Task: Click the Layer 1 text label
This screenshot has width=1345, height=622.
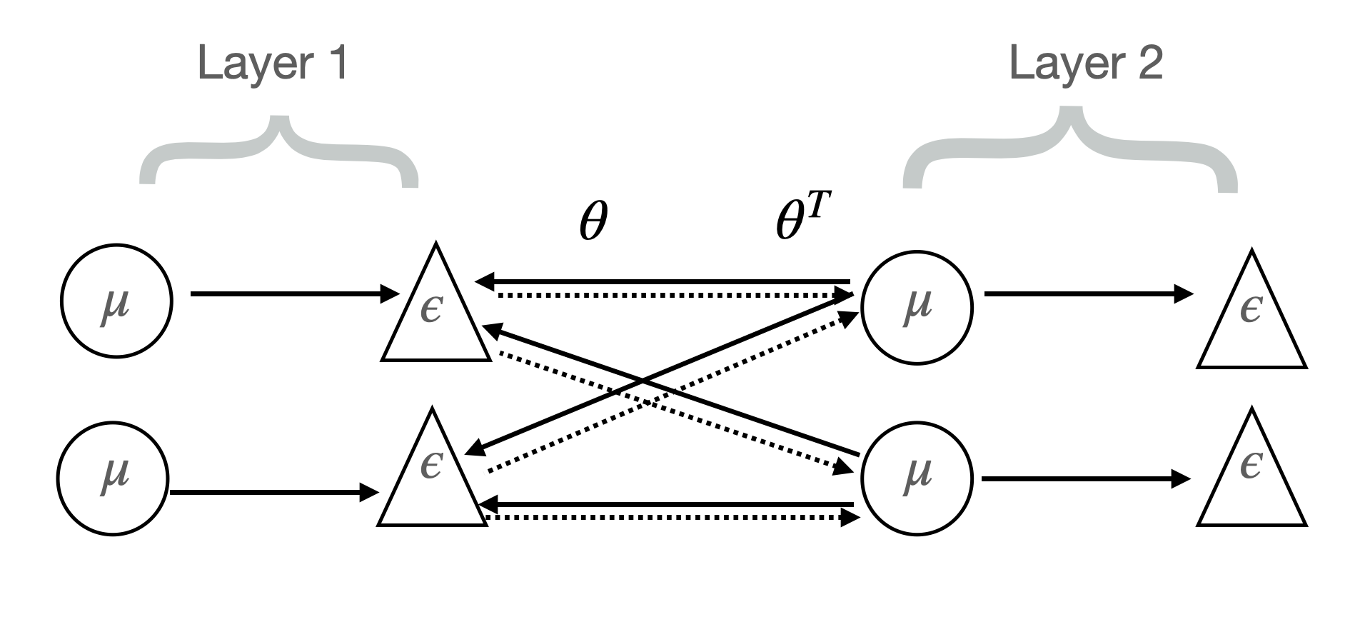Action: point(272,63)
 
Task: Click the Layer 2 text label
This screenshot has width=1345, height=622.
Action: point(1085,63)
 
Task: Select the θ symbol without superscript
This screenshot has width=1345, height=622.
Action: point(593,222)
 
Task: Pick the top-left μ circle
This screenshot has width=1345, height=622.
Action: point(116,301)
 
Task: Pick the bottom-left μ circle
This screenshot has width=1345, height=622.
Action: point(113,478)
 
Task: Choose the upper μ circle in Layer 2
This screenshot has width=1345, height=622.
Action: point(917,307)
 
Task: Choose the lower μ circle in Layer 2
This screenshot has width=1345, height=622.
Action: point(917,478)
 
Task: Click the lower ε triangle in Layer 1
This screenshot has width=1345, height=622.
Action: point(432,475)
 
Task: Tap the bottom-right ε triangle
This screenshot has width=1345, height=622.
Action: point(1251,475)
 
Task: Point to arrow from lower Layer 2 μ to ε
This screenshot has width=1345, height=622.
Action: point(1085,478)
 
